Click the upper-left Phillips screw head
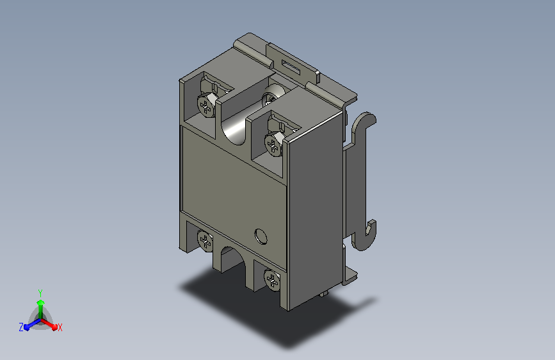206,105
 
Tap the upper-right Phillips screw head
273,144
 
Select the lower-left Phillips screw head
205,241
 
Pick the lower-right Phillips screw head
272,281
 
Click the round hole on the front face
261,236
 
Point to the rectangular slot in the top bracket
291,68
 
